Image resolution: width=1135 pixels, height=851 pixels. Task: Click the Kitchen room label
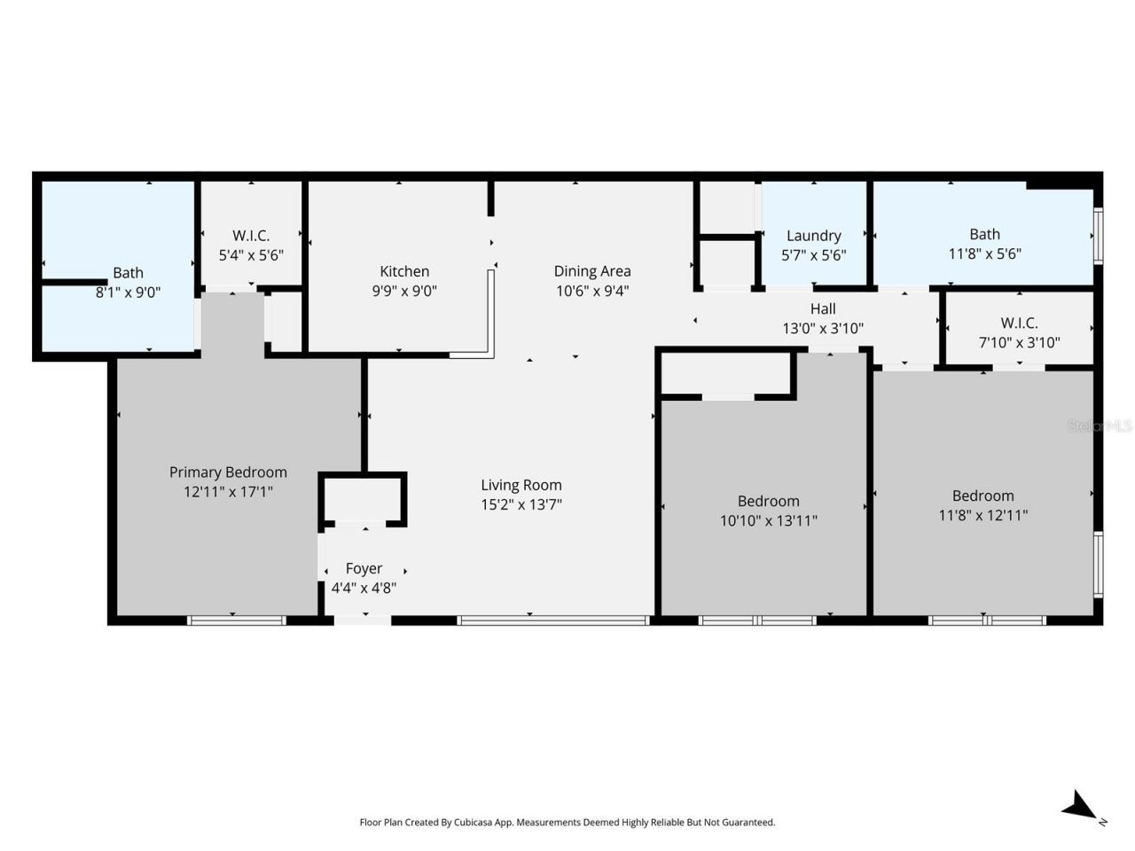404,271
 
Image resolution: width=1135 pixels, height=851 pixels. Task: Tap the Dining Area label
591,271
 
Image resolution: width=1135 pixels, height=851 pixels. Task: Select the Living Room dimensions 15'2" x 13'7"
521,505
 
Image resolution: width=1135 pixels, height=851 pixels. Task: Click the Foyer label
364,568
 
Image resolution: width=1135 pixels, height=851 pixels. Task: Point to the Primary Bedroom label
228,472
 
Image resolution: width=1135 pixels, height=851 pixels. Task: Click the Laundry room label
813,236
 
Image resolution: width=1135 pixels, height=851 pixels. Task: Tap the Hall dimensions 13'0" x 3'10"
822,328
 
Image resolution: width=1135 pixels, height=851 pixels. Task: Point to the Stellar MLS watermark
1100,426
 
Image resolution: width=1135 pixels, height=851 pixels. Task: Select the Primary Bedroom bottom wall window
236,621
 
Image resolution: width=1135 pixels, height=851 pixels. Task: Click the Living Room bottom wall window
553,621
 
